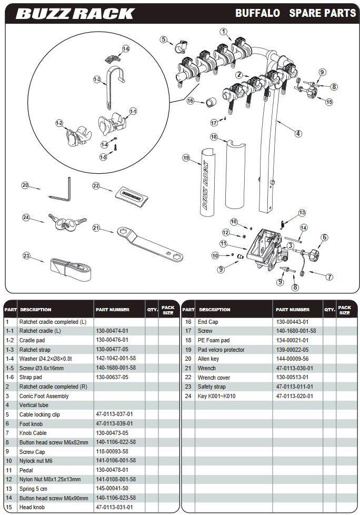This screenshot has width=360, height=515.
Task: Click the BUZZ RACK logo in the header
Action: click(x=75, y=13)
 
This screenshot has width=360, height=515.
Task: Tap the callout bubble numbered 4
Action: click(x=298, y=133)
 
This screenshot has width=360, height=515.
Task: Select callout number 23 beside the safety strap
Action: click(x=26, y=256)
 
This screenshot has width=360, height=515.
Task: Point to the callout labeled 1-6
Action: click(x=125, y=49)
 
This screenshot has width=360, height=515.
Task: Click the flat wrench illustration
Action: click(x=149, y=243)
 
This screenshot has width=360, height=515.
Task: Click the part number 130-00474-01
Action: click(x=112, y=331)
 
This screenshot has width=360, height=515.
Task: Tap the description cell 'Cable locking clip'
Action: click(x=39, y=414)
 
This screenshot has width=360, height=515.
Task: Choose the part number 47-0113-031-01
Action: click(x=114, y=507)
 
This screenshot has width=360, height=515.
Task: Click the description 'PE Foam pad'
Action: click(x=214, y=340)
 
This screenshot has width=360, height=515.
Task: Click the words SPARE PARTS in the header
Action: click(x=322, y=13)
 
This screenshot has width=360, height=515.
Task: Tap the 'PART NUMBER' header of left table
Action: click(x=113, y=310)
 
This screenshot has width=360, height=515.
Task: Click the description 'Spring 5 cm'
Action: click(x=35, y=488)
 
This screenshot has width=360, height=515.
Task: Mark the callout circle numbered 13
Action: click(x=302, y=213)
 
